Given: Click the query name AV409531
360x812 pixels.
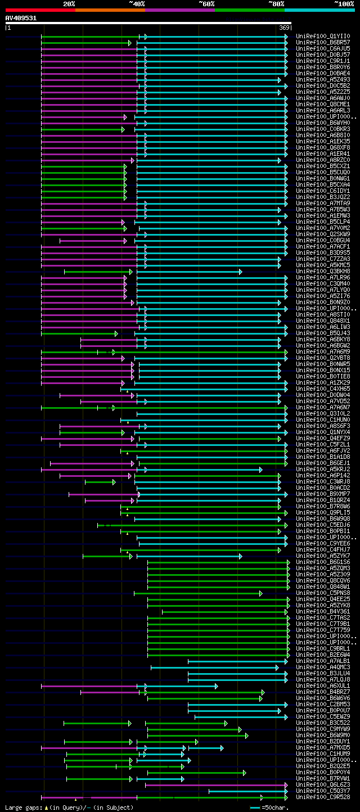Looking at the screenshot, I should [x=21, y=18].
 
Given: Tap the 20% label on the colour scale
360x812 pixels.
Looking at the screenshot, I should [x=69, y=3].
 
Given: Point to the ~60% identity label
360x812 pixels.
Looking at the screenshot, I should [x=206, y=3].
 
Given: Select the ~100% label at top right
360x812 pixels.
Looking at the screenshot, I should [x=344, y=3].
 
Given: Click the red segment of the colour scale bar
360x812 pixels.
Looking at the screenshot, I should [x=40, y=10].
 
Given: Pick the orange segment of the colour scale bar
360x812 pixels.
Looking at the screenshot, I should [x=110, y=10].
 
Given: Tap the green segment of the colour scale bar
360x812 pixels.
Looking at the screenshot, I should [x=249, y=10].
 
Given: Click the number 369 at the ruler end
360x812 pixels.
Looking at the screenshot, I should [x=284, y=28].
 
